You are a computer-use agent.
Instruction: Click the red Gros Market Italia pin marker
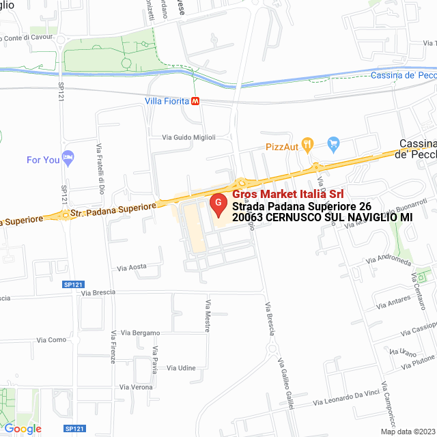click(218, 203)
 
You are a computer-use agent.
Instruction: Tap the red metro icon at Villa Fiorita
click(196, 101)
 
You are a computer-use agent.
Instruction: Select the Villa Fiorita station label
click(166, 101)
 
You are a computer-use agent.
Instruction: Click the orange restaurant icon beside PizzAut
click(308, 144)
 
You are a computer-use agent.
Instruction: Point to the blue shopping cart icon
click(333, 143)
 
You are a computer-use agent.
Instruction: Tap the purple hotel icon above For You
click(67, 157)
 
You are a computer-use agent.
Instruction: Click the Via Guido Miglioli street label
click(188, 138)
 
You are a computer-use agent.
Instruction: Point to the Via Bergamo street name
click(140, 333)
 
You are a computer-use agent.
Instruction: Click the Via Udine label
click(181, 368)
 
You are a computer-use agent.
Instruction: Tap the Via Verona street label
click(136, 387)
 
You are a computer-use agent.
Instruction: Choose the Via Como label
click(52, 339)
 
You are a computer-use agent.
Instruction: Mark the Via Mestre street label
click(207, 315)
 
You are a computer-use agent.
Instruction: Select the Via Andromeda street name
click(388, 261)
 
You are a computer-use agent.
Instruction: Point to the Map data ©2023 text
click(408, 432)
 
